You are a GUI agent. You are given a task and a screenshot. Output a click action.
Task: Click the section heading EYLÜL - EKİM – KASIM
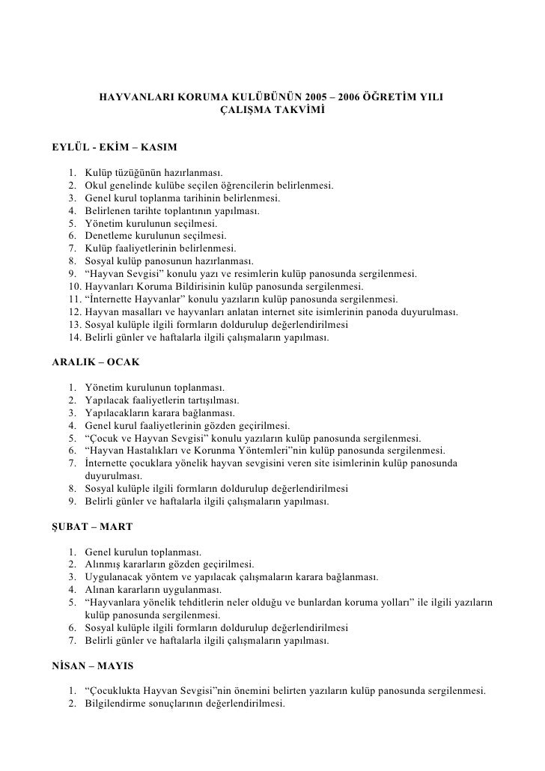coord(114,144)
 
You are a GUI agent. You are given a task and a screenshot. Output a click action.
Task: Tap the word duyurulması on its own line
coord(114,475)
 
